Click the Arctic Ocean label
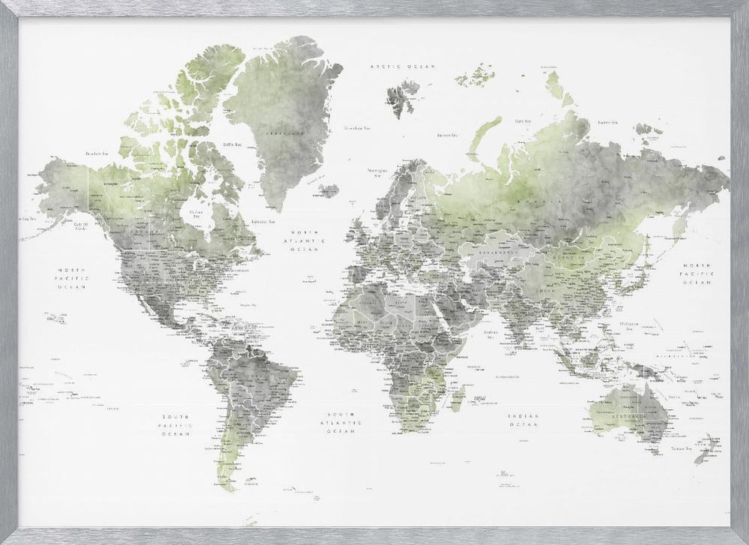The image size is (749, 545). [x=404, y=67]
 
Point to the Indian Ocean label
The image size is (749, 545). [x=523, y=420]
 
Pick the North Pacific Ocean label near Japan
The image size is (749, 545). [x=698, y=274]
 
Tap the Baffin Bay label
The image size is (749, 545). [x=233, y=144]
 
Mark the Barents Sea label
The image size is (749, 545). [x=446, y=135]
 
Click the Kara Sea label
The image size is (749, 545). [x=523, y=120]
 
